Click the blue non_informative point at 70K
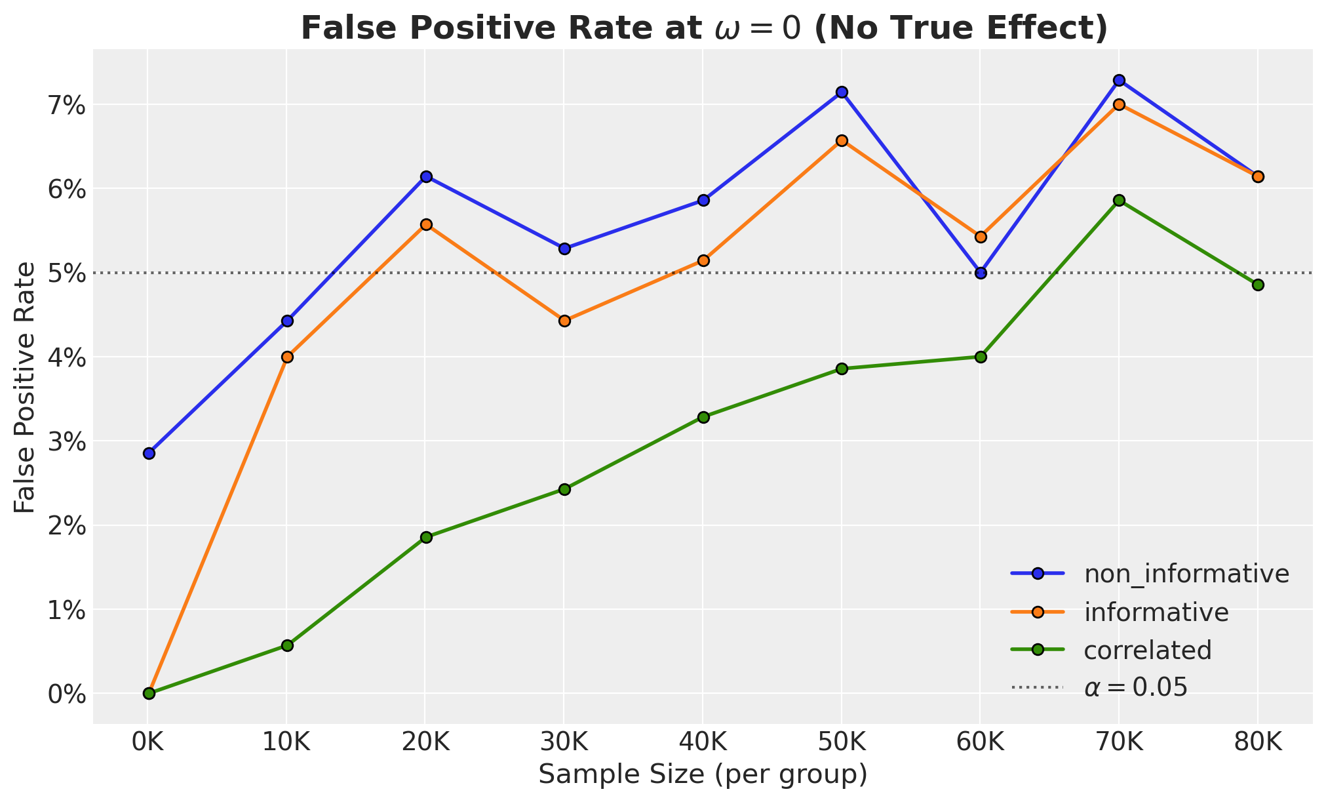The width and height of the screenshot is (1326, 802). (x=1119, y=81)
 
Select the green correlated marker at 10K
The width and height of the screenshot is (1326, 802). (x=287, y=645)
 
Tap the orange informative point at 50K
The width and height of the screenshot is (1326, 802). (x=842, y=140)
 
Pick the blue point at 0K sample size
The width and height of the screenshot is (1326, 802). (x=149, y=453)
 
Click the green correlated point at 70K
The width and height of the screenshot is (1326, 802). (x=1119, y=200)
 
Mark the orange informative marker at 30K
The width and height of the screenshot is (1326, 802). (x=564, y=321)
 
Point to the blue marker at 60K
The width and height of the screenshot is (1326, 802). (x=981, y=273)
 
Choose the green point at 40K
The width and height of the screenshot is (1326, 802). (x=703, y=417)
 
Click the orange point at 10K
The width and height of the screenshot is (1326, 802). (x=287, y=357)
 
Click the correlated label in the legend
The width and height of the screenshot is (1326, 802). (x=1148, y=650)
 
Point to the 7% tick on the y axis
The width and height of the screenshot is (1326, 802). (x=68, y=105)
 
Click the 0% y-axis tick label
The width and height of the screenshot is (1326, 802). (x=68, y=694)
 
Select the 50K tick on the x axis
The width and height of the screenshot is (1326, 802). (x=842, y=744)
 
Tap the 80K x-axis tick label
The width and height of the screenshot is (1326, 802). (x=1257, y=744)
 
